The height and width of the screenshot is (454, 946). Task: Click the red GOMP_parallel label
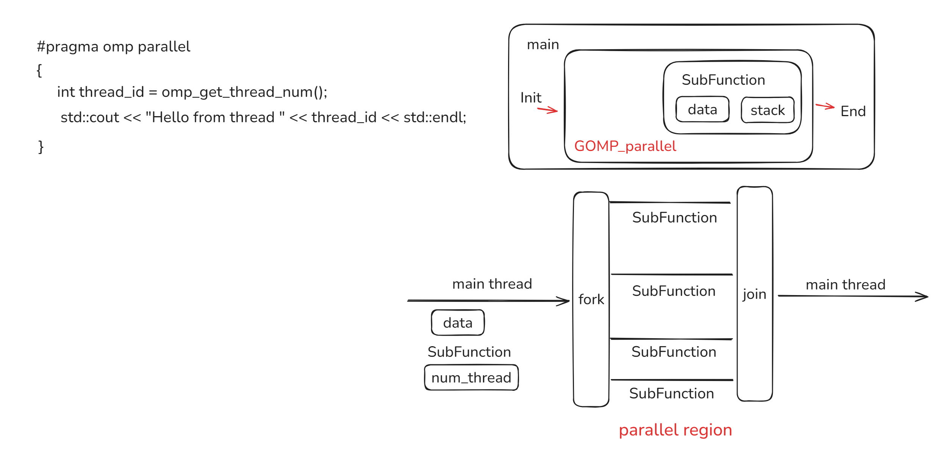pyautogui.click(x=625, y=146)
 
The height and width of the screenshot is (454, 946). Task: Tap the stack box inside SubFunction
pyautogui.click(x=767, y=110)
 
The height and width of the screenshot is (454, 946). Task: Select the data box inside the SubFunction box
pyautogui.click(x=702, y=109)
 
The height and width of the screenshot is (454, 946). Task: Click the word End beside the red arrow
pyautogui.click(x=853, y=111)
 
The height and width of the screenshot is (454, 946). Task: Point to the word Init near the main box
pyautogui.click(x=530, y=98)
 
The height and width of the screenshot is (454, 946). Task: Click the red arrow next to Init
pyautogui.click(x=547, y=110)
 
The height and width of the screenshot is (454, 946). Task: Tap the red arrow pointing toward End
pyautogui.click(x=825, y=106)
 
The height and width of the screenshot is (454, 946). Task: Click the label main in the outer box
pyautogui.click(x=543, y=45)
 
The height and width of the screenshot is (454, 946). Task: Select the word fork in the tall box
pyautogui.click(x=591, y=299)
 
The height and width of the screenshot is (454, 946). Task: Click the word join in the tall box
pyautogui.click(x=754, y=294)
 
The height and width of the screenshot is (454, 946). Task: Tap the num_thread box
pyautogui.click(x=471, y=378)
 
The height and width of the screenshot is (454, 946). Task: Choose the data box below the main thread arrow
pyautogui.click(x=457, y=323)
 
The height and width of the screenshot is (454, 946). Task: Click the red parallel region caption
pyautogui.click(x=675, y=430)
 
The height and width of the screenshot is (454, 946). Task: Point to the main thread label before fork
pyautogui.click(x=492, y=284)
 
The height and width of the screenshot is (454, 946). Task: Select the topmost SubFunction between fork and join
pyautogui.click(x=674, y=218)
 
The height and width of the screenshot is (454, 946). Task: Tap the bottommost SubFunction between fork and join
pyautogui.click(x=671, y=393)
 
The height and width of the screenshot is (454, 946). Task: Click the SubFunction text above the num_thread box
pyautogui.click(x=469, y=352)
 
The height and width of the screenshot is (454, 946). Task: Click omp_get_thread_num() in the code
pyautogui.click(x=244, y=92)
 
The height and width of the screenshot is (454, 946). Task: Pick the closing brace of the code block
pyautogui.click(x=41, y=147)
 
